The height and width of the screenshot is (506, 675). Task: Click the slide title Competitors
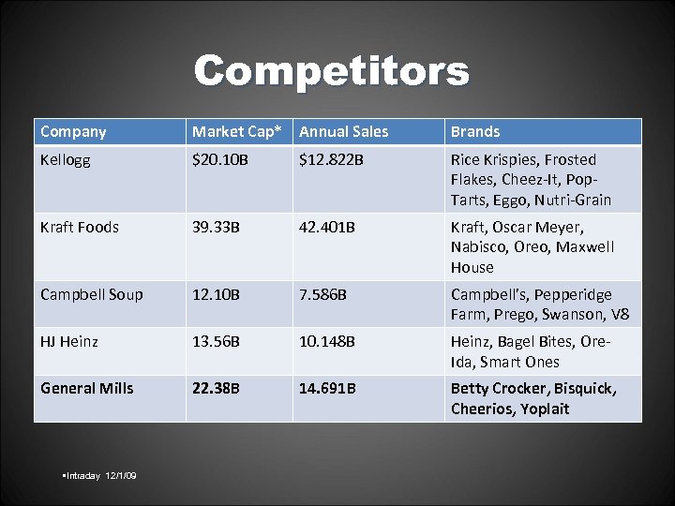point(331,72)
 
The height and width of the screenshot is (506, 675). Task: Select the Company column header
point(73,132)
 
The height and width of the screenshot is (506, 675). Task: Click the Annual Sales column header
point(343,132)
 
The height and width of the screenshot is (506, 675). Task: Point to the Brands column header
point(475,132)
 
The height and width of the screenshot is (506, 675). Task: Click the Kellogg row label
point(67,160)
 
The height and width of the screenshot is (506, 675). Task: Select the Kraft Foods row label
point(80,228)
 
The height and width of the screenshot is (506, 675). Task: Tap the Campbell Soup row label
point(92,294)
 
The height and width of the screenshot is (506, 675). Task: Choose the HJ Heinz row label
point(69,342)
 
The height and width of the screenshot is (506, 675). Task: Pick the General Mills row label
point(87,388)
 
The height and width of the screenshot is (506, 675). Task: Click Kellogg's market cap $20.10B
point(220,160)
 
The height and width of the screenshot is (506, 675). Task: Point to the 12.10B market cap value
point(216,294)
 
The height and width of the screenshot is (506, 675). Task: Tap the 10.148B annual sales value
point(327,342)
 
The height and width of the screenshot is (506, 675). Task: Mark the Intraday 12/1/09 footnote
point(98,476)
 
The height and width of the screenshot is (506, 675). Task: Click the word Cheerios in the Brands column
point(482,409)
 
